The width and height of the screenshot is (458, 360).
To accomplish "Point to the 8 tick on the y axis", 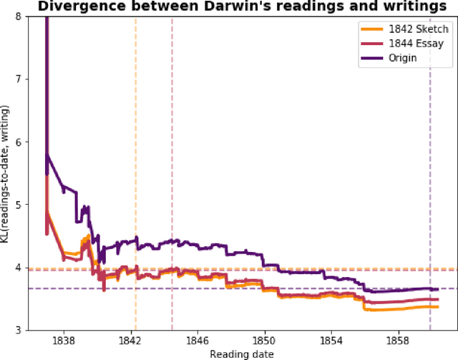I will [x=36, y=16].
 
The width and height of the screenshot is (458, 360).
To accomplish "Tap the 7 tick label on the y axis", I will [x=36, y=79].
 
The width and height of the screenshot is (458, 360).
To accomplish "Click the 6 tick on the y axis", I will [x=36, y=142].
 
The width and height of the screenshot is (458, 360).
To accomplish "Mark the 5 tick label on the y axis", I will [x=36, y=204].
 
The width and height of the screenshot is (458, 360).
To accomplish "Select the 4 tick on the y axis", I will [x=36, y=267].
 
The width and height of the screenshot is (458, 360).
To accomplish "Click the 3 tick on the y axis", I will [x=36, y=329].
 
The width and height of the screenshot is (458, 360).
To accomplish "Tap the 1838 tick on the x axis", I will [x=64, y=341].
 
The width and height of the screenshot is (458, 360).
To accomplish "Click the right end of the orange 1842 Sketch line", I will [x=437, y=306].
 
